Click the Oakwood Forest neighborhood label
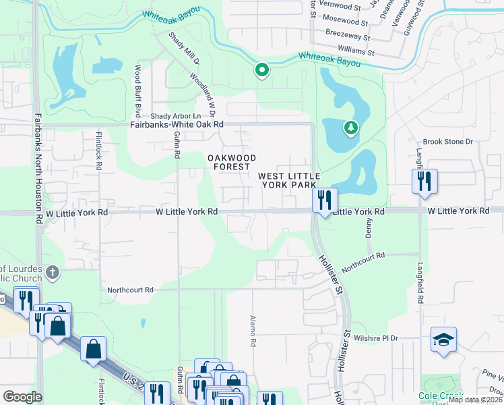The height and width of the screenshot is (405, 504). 232,162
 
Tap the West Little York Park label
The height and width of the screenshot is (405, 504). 288,180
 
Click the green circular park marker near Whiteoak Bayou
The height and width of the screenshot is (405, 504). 261,70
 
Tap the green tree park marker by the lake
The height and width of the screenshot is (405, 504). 350,127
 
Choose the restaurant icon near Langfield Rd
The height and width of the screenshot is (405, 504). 424,181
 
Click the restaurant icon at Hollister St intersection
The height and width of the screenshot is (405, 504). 325,200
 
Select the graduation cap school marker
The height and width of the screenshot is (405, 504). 443,339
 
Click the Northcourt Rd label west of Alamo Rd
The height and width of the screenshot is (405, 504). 131,290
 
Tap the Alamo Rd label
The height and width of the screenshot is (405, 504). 253,331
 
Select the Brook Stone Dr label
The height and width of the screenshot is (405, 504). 449,142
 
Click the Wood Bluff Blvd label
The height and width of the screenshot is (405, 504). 137,88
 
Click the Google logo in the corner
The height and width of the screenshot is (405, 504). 22,397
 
